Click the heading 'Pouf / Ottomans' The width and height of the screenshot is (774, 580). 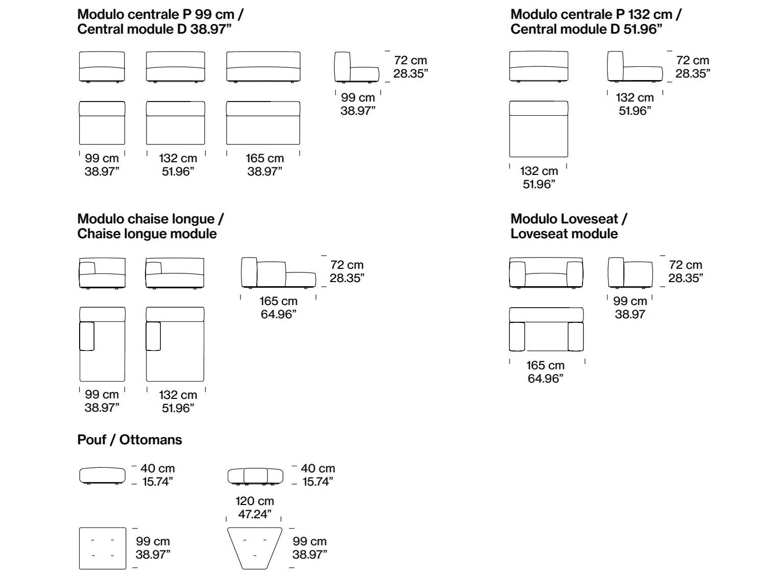coord(129,440)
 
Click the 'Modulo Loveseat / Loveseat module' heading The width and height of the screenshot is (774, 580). coord(568,226)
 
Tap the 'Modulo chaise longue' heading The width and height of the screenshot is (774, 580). coord(150,219)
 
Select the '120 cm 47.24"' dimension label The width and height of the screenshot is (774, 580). coord(255,507)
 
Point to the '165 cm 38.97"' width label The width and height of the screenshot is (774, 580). coord(264,164)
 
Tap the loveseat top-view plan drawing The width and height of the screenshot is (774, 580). coord(546,329)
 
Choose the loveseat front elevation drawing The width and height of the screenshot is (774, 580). coord(546,273)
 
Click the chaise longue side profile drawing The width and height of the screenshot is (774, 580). coord(278,273)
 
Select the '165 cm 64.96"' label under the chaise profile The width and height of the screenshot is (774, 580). coord(278,308)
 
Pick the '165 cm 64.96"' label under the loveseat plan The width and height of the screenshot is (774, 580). coord(545,371)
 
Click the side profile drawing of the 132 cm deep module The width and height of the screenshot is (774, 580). coord(635,66)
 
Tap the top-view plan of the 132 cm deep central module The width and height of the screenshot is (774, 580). coord(539,129)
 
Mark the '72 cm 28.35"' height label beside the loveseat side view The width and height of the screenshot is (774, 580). coord(686,271)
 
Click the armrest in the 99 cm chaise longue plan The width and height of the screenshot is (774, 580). coord(87,336)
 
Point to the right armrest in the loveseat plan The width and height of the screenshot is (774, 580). coord(575,336)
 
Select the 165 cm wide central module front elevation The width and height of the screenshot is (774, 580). coord(263,67)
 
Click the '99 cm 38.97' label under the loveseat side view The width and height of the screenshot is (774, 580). coord(630,308)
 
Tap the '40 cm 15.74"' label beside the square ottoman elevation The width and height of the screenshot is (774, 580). coord(158,475)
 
